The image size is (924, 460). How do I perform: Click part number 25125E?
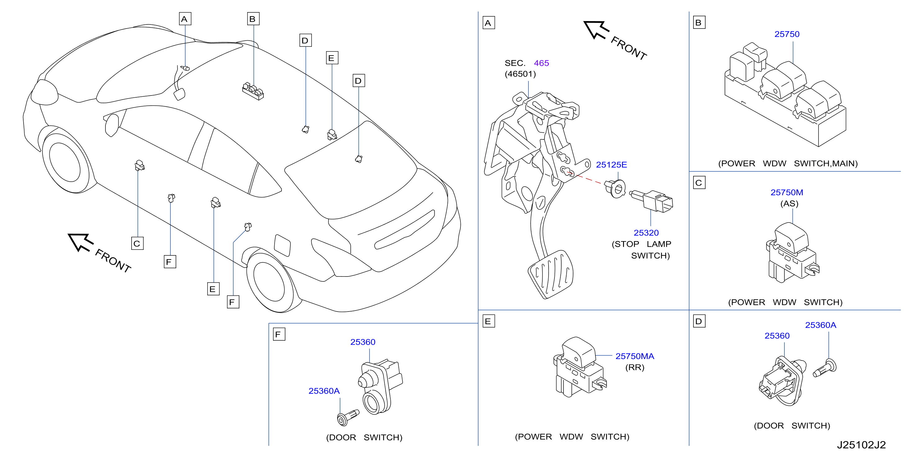[x=611, y=165]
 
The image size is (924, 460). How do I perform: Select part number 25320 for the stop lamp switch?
[x=646, y=233]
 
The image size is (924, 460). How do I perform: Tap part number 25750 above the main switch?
[x=787, y=34]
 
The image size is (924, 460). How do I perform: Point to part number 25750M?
[x=787, y=192]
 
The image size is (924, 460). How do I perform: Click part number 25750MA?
[x=635, y=356]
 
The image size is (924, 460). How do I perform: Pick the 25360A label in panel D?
[x=820, y=325]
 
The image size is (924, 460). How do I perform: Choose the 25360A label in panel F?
[x=324, y=391]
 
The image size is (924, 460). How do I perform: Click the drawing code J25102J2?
[x=861, y=445]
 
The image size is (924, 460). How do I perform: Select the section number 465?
[x=541, y=63]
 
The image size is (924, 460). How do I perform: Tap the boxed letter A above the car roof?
[x=185, y=19]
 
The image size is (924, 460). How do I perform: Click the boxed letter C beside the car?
[x=137, y=244]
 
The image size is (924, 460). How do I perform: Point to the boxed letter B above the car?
[x=253, y=19]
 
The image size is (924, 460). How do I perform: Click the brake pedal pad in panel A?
[x=551, y=274]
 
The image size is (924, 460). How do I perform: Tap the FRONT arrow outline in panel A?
[x=596, y=30]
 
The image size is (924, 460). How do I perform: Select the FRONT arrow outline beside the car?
[x=80, y=242]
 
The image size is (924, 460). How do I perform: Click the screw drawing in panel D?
[x=824, y=368]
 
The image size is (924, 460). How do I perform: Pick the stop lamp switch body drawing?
[x=652, y=201]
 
